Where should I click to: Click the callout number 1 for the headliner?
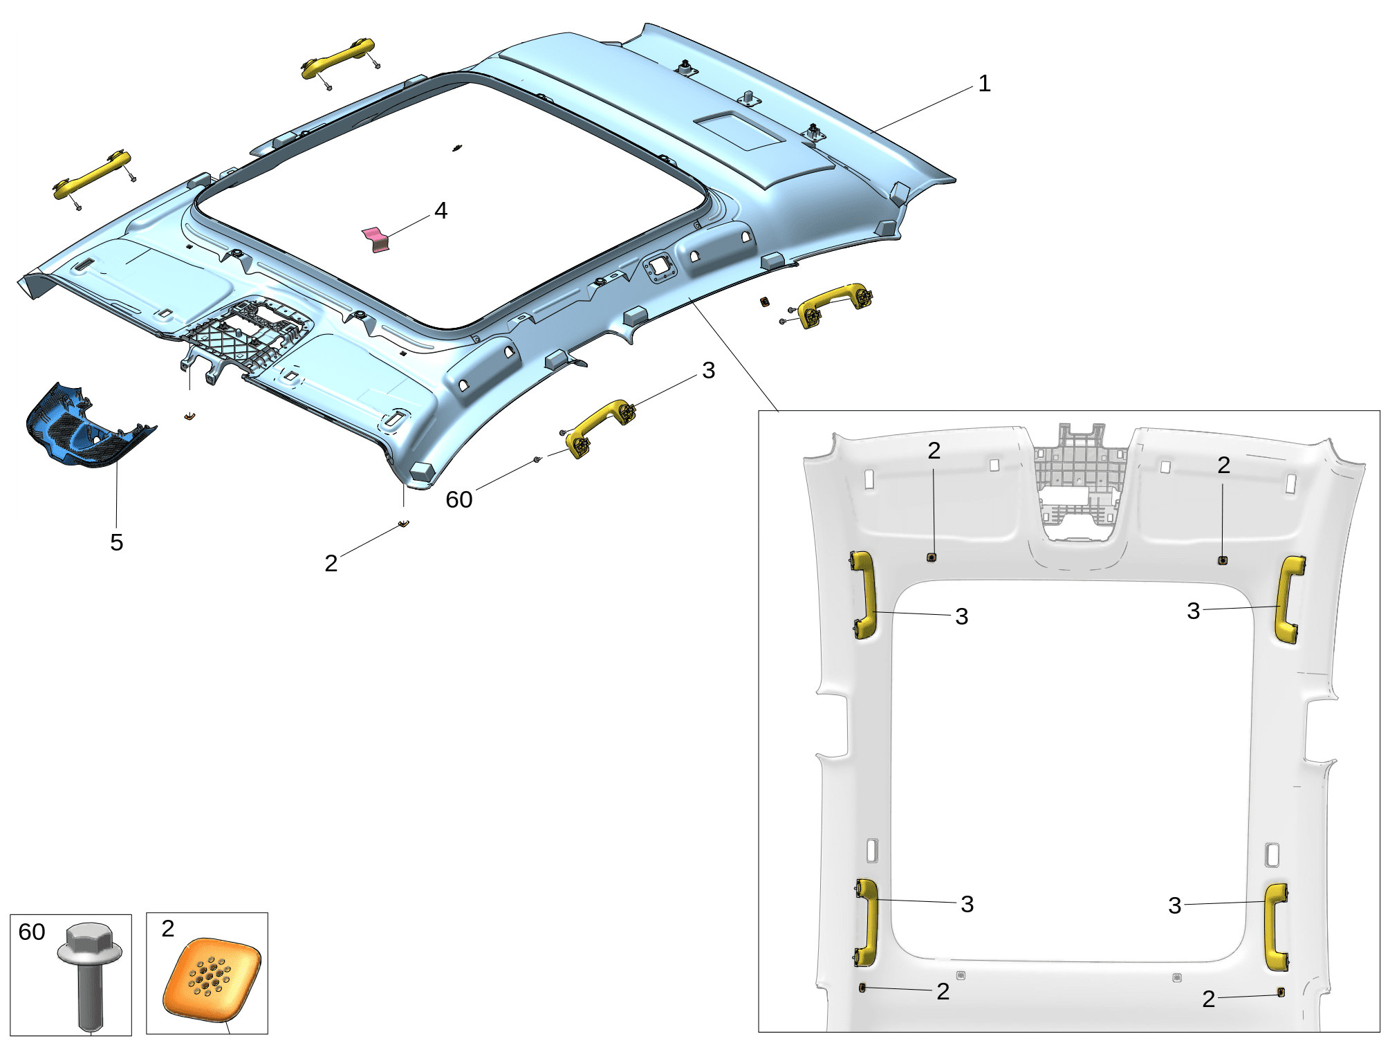tap(984, 84)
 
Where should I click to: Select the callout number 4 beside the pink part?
tap(441, 210)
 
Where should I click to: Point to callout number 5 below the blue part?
tap(117, 542)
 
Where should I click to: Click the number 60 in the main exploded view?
tap(459, 499)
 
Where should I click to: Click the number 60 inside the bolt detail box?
tap(32, 932)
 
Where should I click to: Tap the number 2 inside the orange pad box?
tap(168, 928)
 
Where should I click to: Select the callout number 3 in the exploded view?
tap(708, 370)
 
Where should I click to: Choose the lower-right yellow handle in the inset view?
tap(1277, 927)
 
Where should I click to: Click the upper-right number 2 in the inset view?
tap(1223, 465)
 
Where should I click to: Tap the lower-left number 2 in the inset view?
tap(943, 991)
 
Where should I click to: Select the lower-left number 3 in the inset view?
tap(967, 903)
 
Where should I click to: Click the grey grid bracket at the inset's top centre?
tap(1080, 481)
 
